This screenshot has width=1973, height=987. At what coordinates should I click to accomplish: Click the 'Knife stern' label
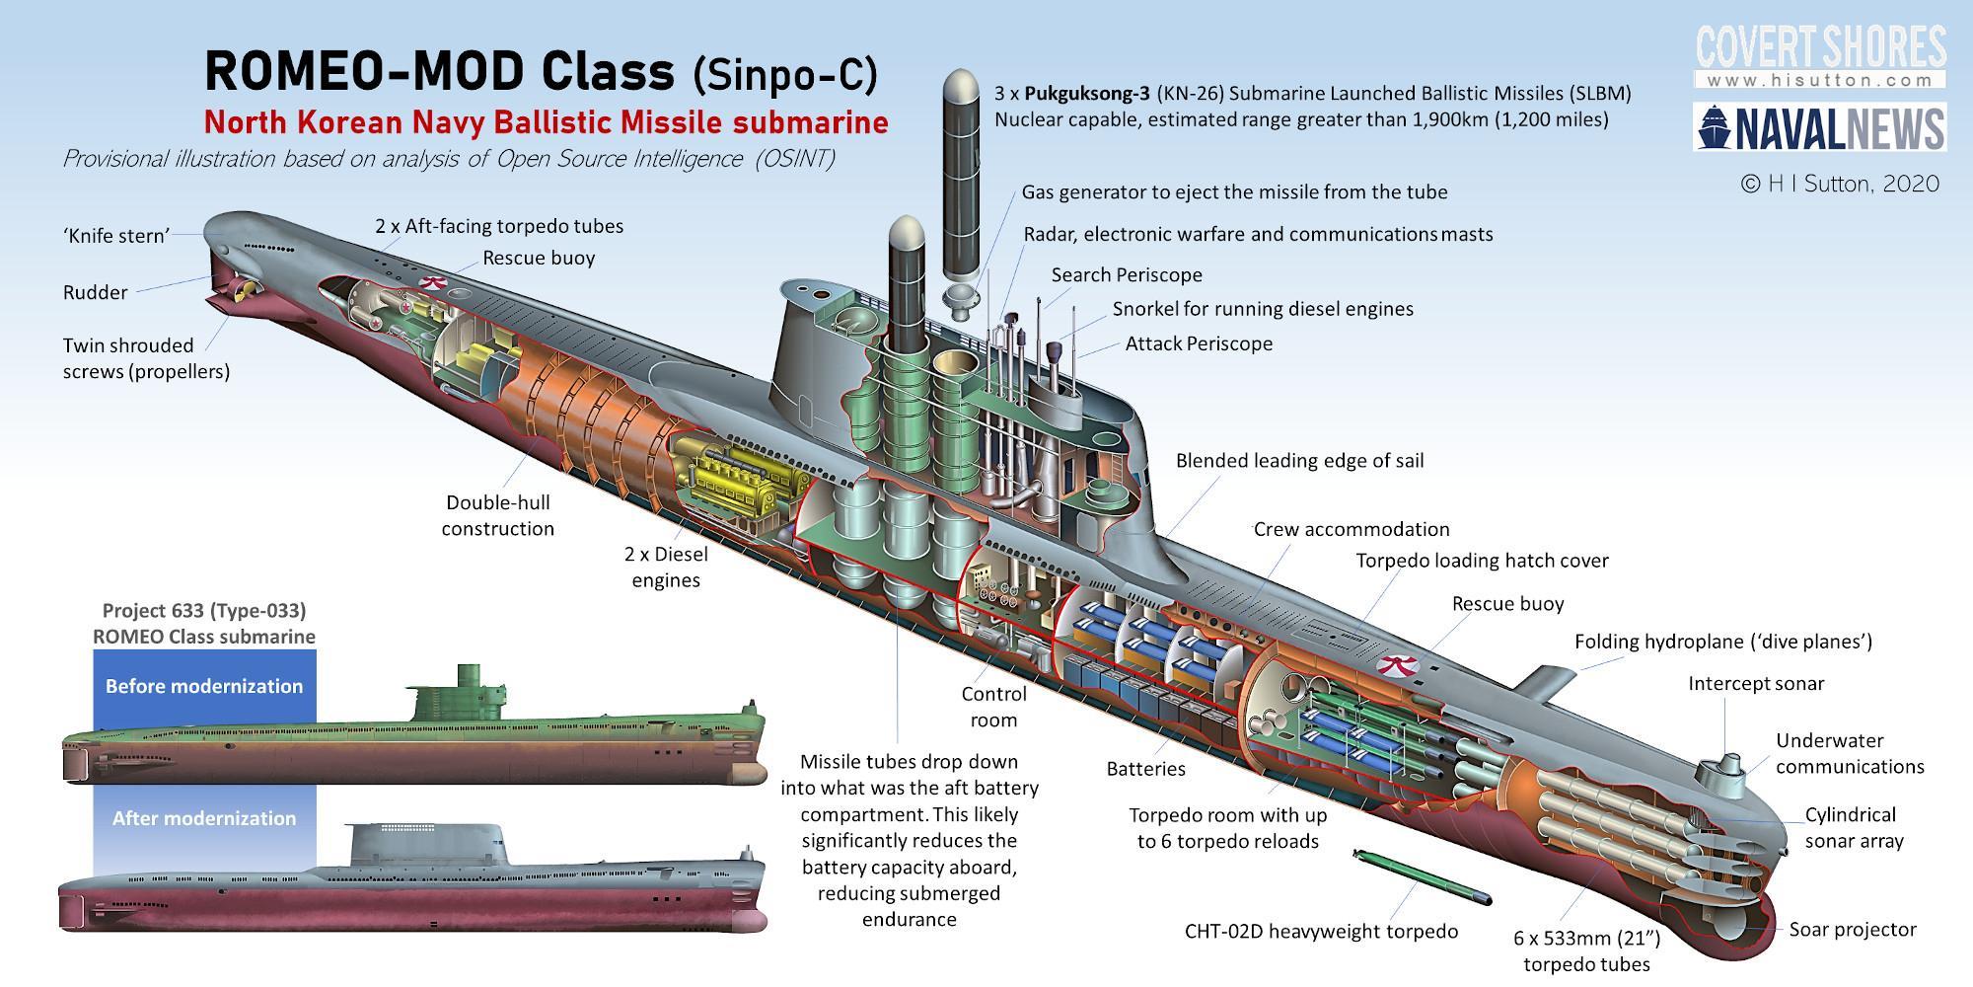[116, 235]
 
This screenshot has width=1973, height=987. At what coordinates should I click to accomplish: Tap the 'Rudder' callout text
[95, 292]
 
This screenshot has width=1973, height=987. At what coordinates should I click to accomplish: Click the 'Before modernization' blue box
[204, 686]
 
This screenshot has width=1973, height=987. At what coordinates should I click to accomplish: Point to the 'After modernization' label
[204, 818]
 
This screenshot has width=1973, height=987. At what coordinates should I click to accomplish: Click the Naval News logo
[1820, 128]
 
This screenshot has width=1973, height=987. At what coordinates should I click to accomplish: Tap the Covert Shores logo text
[1821, 47]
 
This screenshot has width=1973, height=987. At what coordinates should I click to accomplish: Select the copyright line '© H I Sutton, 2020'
[1841, 184]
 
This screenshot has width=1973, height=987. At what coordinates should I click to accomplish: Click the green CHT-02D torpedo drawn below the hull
[1422, 875]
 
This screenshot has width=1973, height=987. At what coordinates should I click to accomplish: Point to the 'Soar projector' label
[1853, 929]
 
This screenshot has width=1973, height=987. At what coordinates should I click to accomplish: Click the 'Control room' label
[993, 707]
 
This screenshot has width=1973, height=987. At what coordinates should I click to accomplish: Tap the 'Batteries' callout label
[1145, 768]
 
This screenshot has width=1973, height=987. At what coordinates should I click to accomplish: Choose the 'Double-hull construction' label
[498, 515]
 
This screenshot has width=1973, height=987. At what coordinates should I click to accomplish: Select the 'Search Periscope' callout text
[1127, 274]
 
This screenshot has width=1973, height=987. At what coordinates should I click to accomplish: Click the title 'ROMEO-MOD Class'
[439, 71]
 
